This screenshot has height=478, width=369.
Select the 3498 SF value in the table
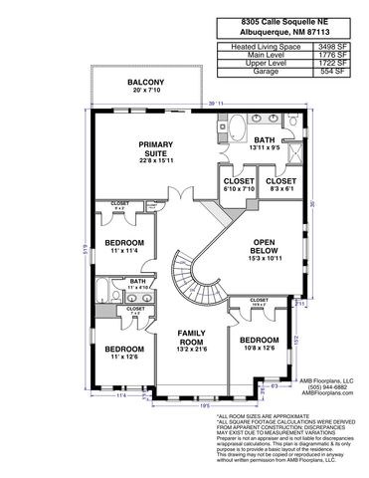point(333,46)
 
